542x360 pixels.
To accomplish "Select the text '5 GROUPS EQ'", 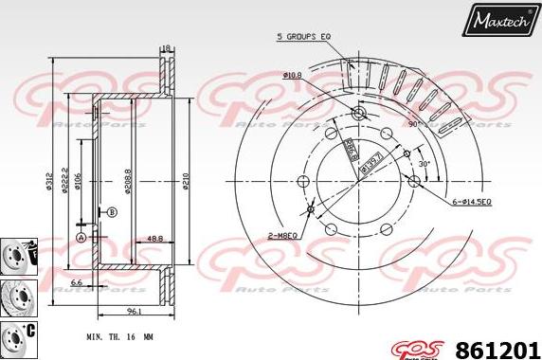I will pyautogui.click(x=302, y=36).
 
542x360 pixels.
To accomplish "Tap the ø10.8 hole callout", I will pyautogui.click(x=292, y=75).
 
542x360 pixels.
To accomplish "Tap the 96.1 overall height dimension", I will pyautogui.click(x=135, y=310).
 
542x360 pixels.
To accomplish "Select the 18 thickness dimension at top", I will pyautogui.click(x=166, y=47).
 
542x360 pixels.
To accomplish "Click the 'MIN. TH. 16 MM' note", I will pyautogui.click(x=117, y=336).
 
